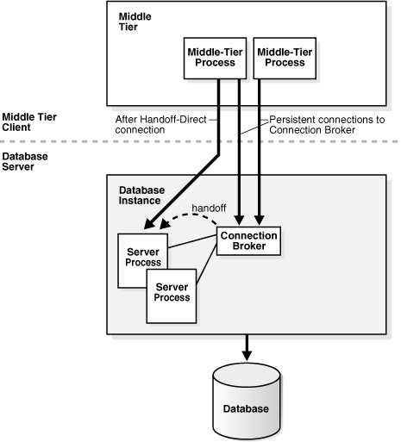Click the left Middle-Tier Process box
coord(215,59)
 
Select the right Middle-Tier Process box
coord(285,59)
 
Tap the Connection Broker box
coord(248,241)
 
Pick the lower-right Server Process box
coord(172,296)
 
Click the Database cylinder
coord(247,402)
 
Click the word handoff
coord(209,208)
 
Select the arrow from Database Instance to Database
coord(247,347)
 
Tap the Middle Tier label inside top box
coord(135,22)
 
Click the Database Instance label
coord(141,196)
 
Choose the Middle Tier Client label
coord(29,122)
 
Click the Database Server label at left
coord(25,161)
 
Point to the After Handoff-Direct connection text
coord(161,125)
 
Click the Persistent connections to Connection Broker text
coord(327,125)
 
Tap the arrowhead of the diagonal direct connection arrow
coord(149,224)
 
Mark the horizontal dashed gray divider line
coord(200,141)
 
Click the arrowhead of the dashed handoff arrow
coord(165,224)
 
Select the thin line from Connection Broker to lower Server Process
coord(206,264)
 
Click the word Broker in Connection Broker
coord(249,246)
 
